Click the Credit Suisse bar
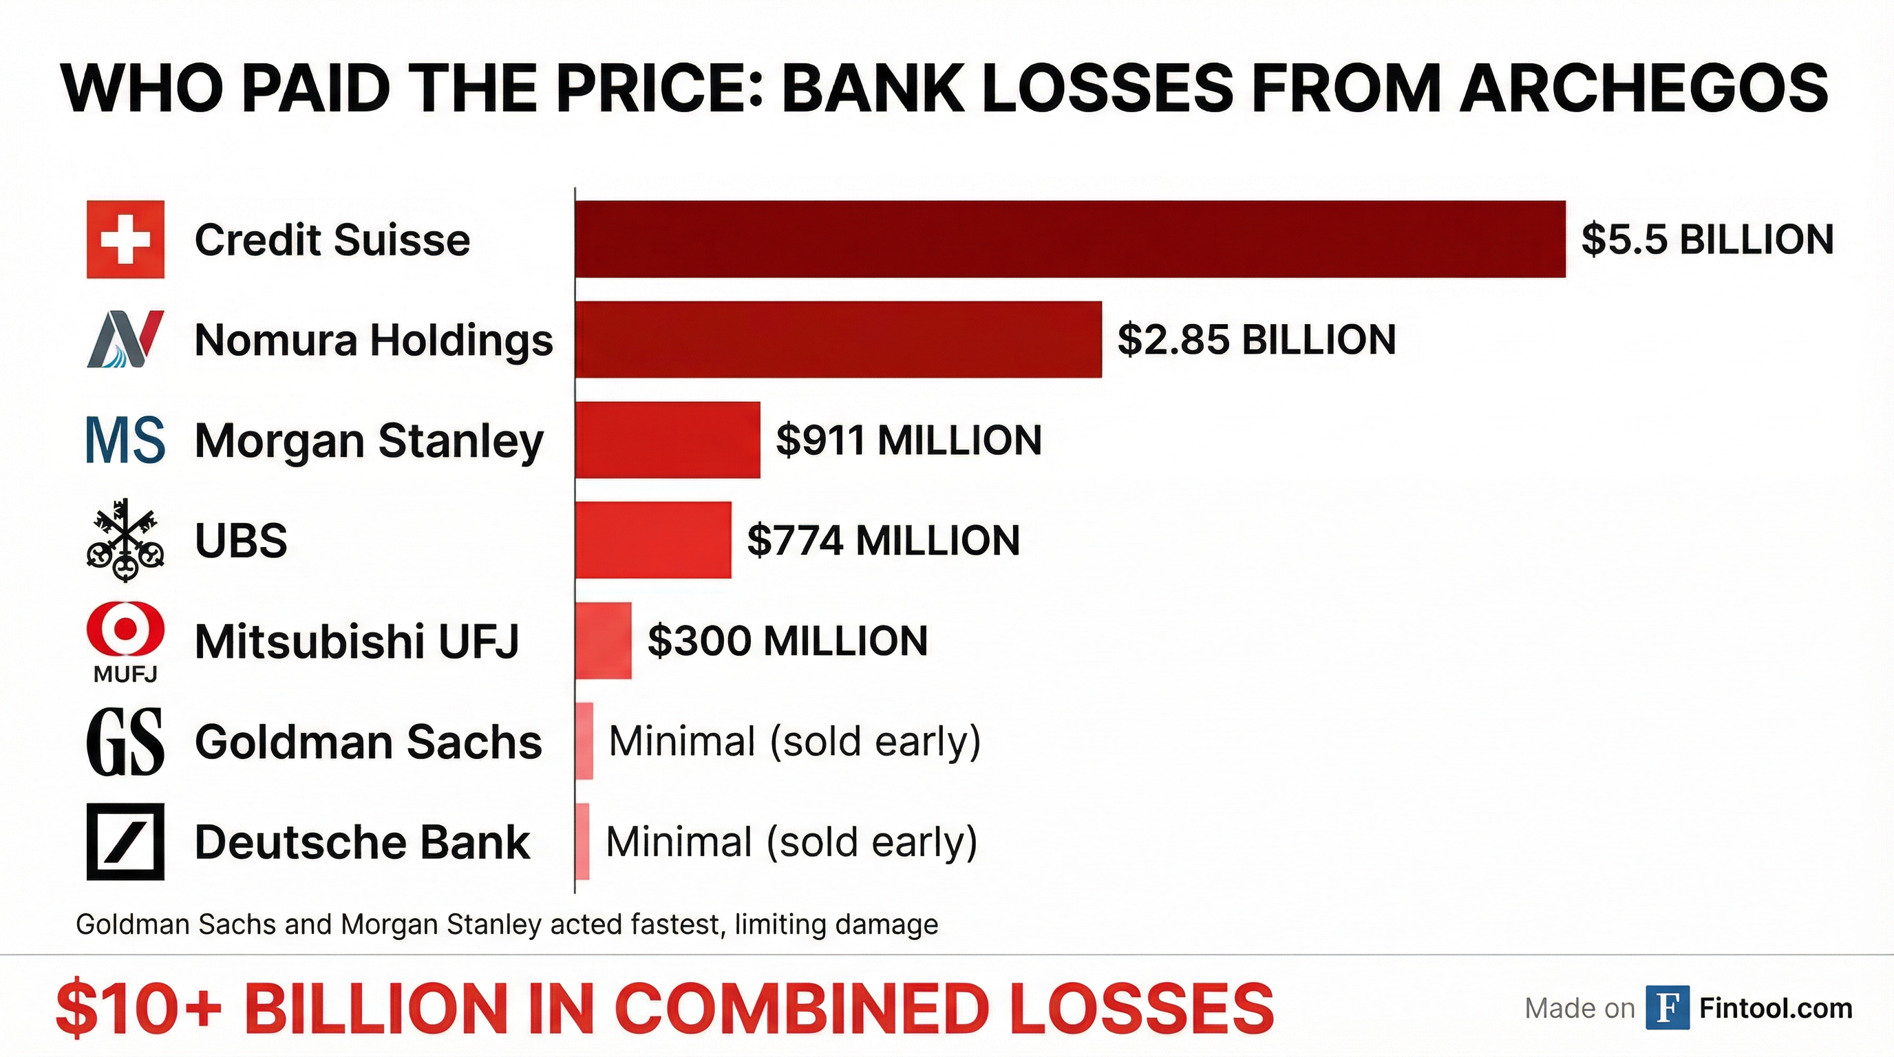(1070, 239)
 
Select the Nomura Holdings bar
(838, 339)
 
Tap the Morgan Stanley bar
(668, 440)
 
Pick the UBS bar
(653, 540)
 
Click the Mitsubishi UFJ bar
(603, 640)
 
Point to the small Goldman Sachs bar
(584, 741)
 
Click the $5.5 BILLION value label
(1707, 239)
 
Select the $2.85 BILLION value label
(1256, 339)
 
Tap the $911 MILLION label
(908, 440)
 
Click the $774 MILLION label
(883, 540)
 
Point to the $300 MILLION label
(787, 640)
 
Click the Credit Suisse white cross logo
(125, 239)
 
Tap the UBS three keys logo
(125, 540)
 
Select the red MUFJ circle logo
(125, 630)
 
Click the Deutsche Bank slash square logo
(125, 842)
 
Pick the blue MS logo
(125, 440)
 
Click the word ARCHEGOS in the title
(1643, 88)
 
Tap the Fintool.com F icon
(1667, 1007)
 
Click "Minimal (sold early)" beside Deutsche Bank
(791, 842)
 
